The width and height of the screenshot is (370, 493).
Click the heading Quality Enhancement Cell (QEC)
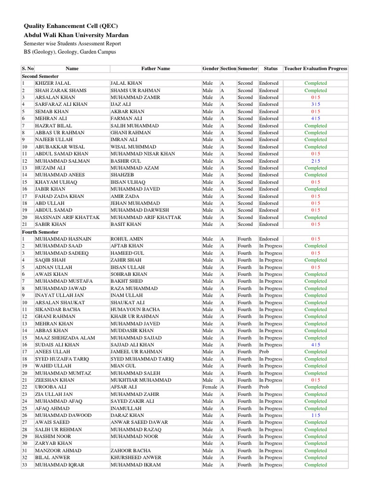(x=71, y=26)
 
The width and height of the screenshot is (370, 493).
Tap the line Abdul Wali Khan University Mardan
(x=76, y=35)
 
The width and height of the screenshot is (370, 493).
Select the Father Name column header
(x=155, y=69)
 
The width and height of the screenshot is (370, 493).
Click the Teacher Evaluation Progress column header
(x=316, y=69)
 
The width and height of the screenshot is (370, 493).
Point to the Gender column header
(x=211, y=69)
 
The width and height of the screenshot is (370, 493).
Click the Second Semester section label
(x=40, y=76)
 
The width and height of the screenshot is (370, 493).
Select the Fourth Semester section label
(x=40, y=232)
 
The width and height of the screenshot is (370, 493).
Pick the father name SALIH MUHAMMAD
(x=134, y=126)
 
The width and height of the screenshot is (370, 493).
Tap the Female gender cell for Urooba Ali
(x=210, y=387)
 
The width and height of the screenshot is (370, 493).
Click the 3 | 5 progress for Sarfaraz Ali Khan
(x=316, y=104)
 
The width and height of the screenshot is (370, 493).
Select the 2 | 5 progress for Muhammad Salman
(x=316, y=161)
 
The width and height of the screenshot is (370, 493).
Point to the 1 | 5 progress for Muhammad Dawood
(x=316, y=415)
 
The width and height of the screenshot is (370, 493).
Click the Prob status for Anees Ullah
(x=264, y=352)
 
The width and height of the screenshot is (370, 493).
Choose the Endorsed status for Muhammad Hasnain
(x=269, y=239)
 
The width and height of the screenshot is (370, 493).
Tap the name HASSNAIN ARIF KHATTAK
(x=67, y=218)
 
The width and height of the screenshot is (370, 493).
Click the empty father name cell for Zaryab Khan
(x=155, y=443)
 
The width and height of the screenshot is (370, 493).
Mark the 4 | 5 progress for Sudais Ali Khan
(x=316, y=345)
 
